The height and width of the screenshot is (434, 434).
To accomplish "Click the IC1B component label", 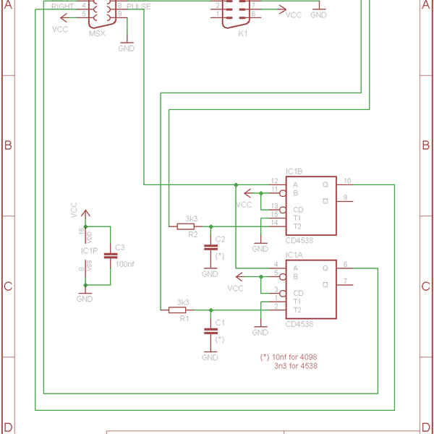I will [294, 171].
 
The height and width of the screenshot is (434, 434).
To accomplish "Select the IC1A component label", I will [294, 255].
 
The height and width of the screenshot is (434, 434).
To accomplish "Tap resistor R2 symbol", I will [186, 226].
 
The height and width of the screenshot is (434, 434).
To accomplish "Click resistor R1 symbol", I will [177, 310].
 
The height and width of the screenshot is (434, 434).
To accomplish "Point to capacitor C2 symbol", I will [210, 247].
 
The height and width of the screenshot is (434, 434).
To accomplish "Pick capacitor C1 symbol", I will [210, 331].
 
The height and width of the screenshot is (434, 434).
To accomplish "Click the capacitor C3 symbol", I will [111, 255].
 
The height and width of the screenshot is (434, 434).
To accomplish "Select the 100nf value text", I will [124, 265].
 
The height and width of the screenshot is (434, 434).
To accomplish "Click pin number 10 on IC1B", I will [347, 181].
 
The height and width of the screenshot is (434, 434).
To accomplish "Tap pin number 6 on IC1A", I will [345, 264].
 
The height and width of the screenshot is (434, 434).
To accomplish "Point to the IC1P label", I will [90, 250].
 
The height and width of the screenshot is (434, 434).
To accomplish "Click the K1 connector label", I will [242, 33].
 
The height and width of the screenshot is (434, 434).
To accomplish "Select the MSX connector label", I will [96, 34].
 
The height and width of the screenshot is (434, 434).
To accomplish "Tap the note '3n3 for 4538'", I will [295, 366].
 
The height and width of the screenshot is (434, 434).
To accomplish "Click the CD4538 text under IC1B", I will [300, 241].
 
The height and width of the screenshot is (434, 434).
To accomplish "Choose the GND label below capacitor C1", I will [210, 357].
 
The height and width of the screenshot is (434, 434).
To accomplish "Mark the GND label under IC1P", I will [85, 299].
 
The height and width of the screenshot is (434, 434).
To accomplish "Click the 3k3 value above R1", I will [183, 302].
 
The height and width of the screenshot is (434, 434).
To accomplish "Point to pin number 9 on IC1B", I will [345, 197].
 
